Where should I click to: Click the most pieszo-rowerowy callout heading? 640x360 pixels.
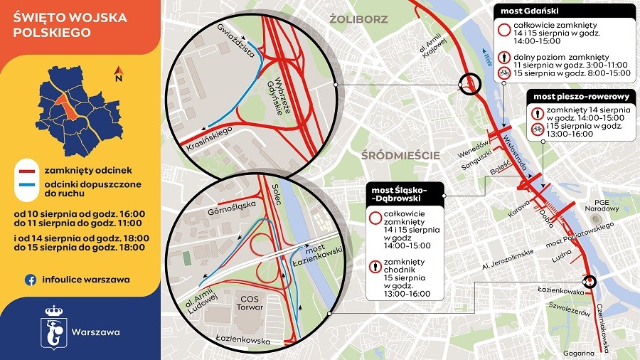[579, 95]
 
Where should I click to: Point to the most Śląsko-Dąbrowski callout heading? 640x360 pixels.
[406, 194]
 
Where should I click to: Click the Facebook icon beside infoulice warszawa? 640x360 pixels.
[31, 280]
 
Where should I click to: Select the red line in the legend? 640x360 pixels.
[28, 171]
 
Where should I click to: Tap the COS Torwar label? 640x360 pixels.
[250, 302]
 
